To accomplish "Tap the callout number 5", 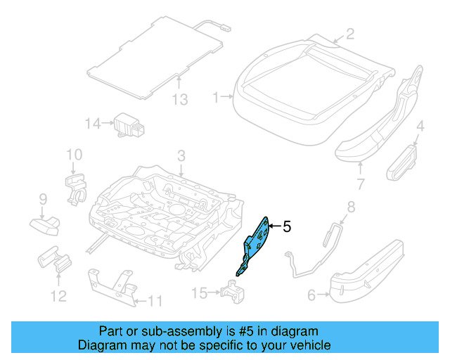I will click(x=286, y=227).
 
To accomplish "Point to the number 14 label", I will click(x=93, y=124).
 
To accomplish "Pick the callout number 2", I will click(x=349, y=33).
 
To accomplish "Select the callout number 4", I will click(x=420, y=127).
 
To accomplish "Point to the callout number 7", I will click(x=361, y=186).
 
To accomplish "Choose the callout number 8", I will click(x=352, y=207).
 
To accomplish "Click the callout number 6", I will click(x=311, y=296).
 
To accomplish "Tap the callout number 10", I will click(x=74, y=155).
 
